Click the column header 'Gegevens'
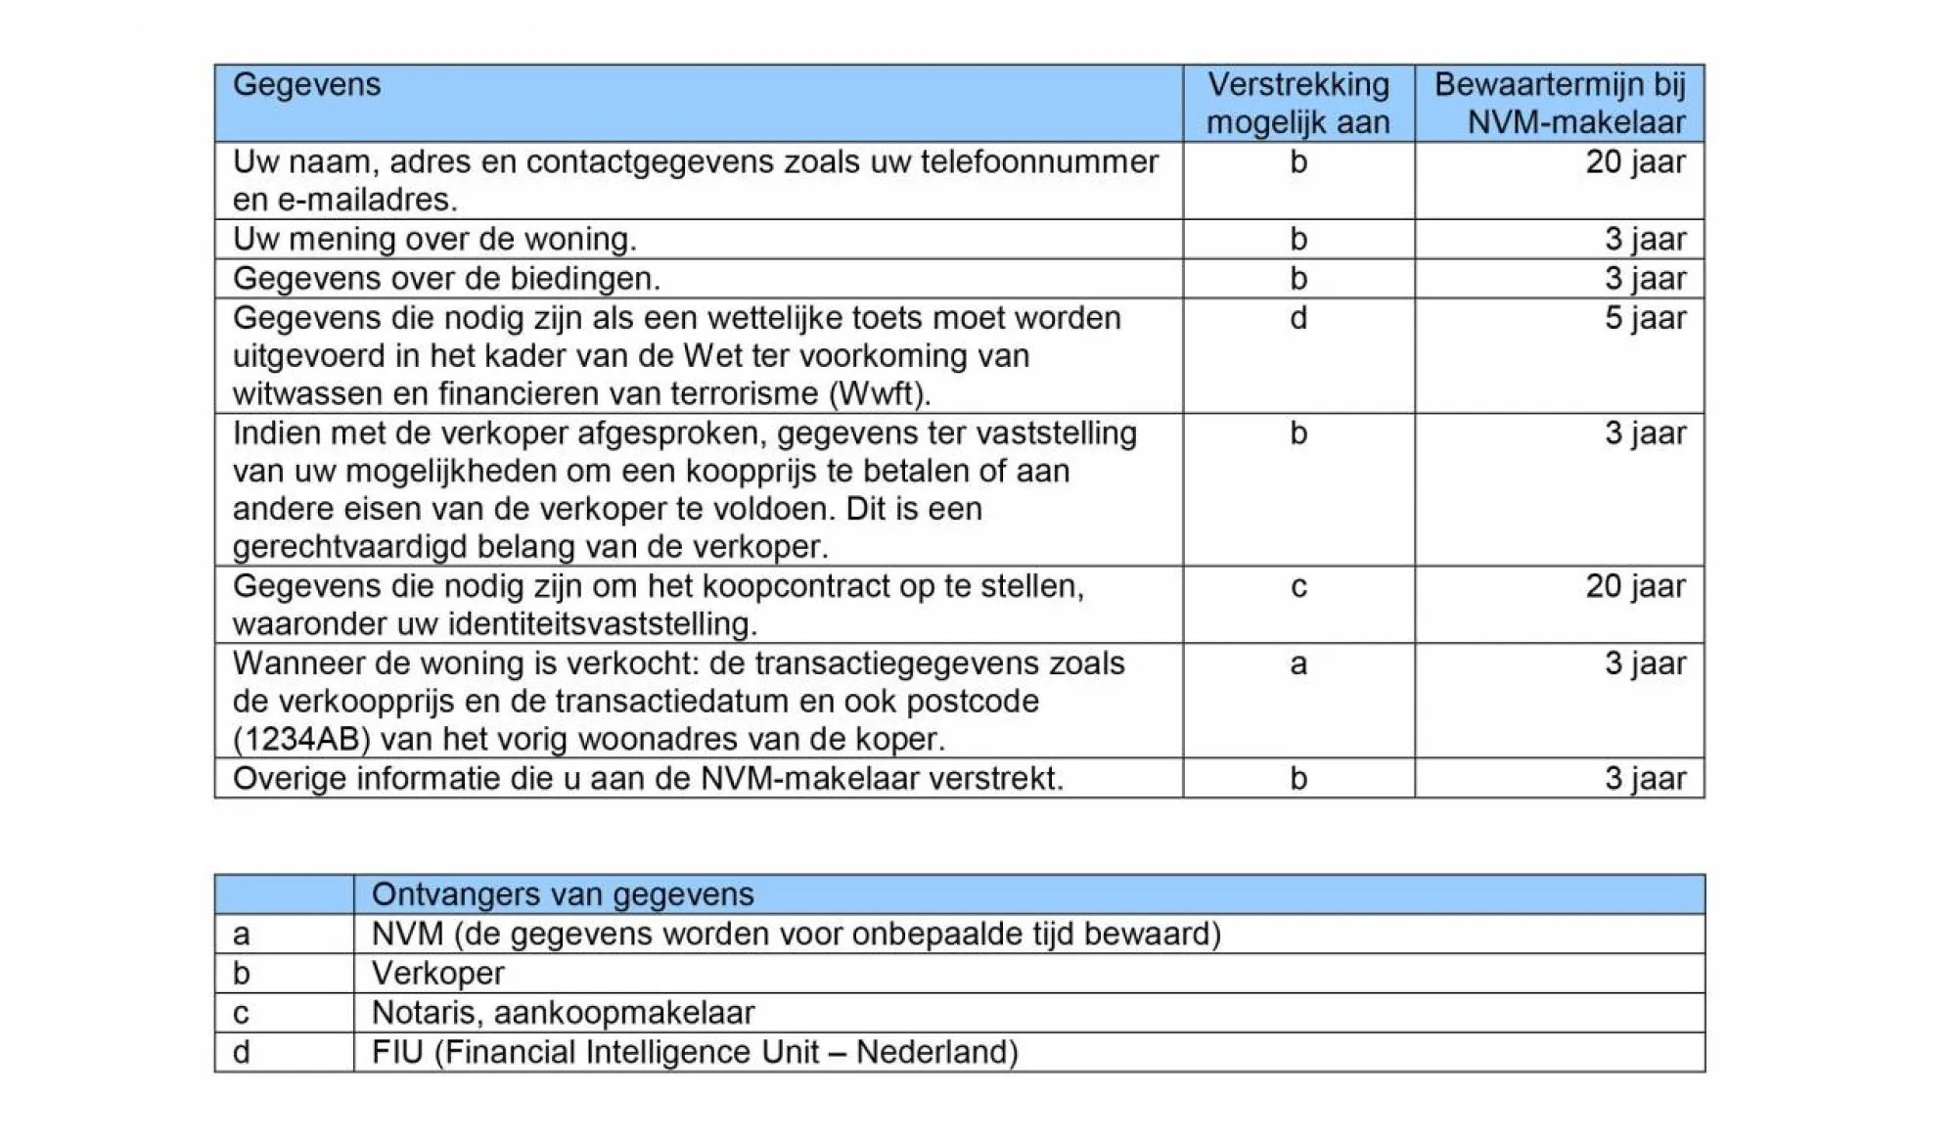[306, 85]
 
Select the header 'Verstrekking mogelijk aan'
[1297, 104]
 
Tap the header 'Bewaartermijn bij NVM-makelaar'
[1560, 104]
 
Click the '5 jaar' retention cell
[1645, 318]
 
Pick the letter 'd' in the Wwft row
[1297, 318]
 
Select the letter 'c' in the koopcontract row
[1297, 587]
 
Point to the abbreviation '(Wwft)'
[880, 393]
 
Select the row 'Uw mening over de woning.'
[434, 240]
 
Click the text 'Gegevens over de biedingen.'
[446, 279]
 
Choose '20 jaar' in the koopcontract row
[1635, 587]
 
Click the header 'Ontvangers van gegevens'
[563, 894]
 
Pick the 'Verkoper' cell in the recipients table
[438, 974]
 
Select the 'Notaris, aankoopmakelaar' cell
[563, 1013]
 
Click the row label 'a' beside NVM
[242, 935]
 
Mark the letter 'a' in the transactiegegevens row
[1297, 664]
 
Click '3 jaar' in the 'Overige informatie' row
[1645, 779]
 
